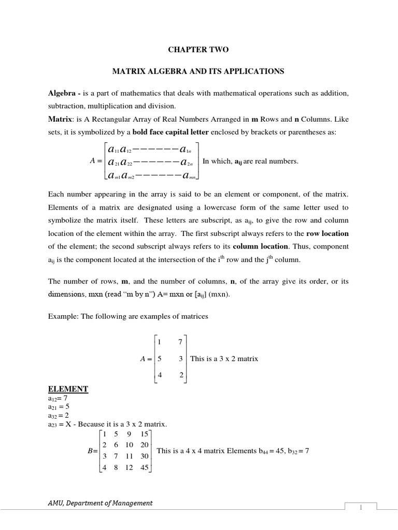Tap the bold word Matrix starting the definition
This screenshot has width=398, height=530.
point(61,119)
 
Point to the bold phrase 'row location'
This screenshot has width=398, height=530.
point(327,233)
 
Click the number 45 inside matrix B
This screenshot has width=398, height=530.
point(144,467)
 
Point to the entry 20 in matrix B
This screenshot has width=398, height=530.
point(144,445)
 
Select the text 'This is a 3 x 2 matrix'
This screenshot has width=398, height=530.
point(224,358)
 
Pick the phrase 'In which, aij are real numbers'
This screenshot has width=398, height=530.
point(251,161)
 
